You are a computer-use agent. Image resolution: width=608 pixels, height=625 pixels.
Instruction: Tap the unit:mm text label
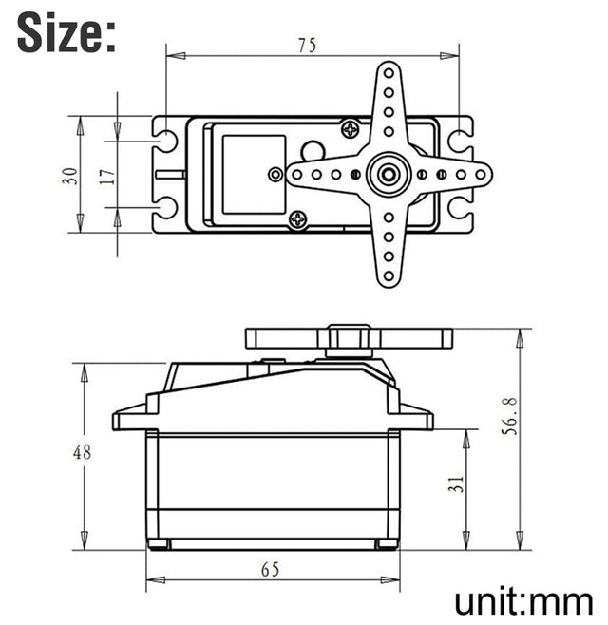click(523, 600)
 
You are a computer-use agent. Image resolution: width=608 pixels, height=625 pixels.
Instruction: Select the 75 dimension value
click(307, 44)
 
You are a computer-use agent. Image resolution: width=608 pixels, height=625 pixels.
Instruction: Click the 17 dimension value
click(106, 175)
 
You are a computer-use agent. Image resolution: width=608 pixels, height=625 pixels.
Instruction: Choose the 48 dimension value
click(83, 452)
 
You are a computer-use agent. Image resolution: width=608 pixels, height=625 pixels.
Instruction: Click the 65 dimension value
click(270, 568)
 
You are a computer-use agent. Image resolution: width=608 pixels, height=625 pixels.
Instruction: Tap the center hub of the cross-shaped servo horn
click(388, 175)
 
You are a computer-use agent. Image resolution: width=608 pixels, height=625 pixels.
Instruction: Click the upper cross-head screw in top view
click(351, 127)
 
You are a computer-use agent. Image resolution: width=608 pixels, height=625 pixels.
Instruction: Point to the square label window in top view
click(253, 174)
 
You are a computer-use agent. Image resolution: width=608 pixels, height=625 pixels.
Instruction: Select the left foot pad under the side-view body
click(159, 543)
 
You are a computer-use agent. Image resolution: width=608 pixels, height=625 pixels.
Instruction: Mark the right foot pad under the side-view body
click(386, 543)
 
